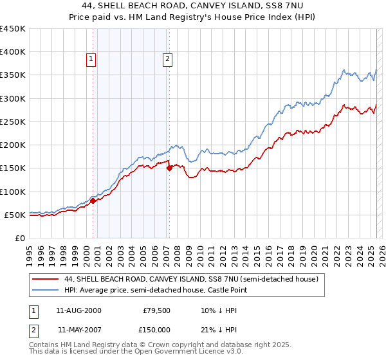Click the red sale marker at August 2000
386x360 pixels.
[93, 201]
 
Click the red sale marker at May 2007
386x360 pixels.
[169, 168]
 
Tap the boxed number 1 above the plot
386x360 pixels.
[91, 60]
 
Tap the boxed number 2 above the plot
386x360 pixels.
[167, 60]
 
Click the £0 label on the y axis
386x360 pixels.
[20, 238]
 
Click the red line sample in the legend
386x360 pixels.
[45, 280]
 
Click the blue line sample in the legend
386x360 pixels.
[45, 291]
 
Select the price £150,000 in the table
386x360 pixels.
[157, 329]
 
